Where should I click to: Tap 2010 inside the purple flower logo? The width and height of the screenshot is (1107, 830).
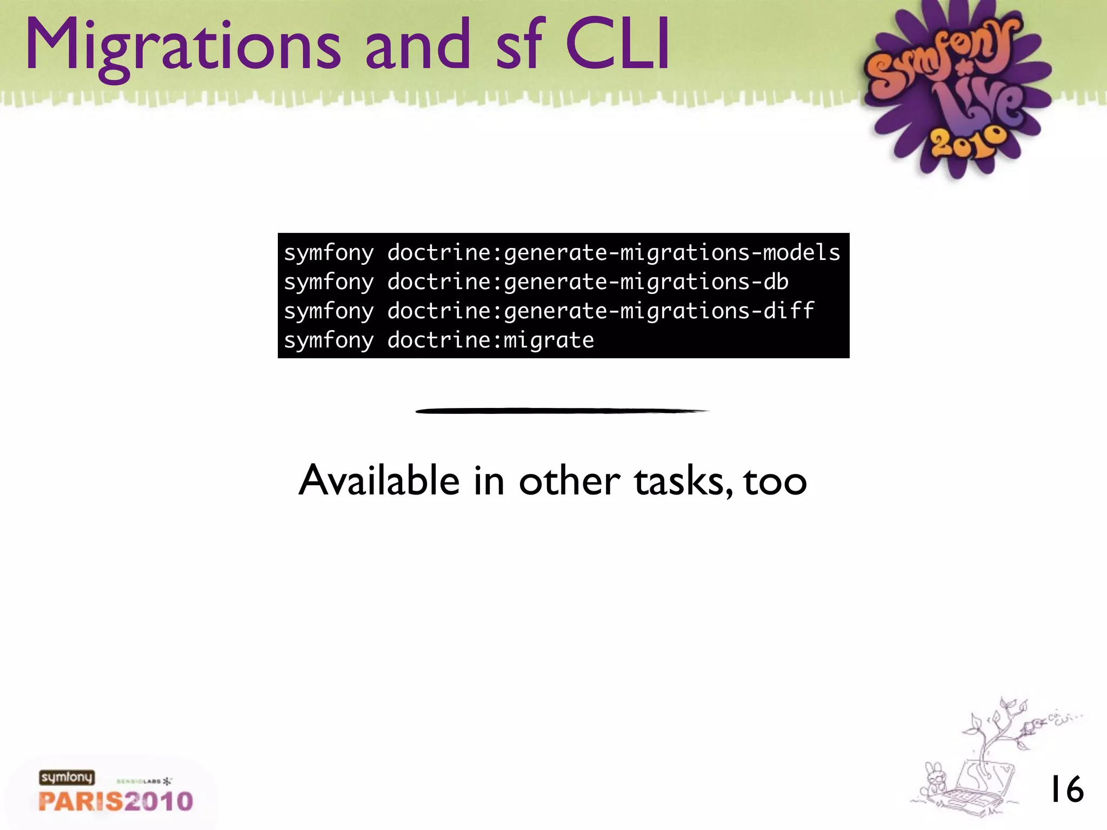click(968, 142)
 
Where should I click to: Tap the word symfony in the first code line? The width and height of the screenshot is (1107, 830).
click(329, 253)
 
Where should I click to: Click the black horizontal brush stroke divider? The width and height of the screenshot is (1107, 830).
click(562, 411)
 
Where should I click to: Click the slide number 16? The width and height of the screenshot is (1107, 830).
click(1066, 789)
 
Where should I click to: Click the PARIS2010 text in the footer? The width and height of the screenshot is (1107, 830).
click(116, 801)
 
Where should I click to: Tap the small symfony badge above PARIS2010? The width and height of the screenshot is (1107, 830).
click(66, 778)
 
